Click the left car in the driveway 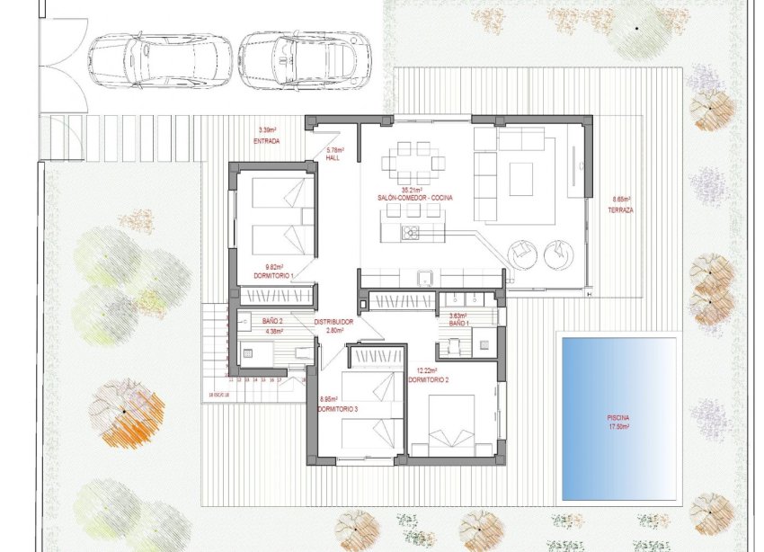click(160, 60)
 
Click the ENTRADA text click(267, 142)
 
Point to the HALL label click(333, 157)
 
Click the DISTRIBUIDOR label click(333, 322)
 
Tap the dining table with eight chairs click(413, 164)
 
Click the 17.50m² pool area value click(618, 427)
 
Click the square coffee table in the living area click(522, 178)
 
